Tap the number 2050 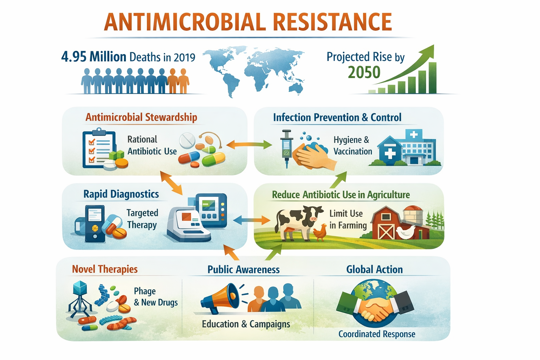364,72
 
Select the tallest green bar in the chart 432,78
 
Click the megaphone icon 220,298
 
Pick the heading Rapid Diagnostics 121,194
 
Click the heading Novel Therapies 105,269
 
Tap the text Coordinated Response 377,334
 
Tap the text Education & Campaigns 246,324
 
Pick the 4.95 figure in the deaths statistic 74,57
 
